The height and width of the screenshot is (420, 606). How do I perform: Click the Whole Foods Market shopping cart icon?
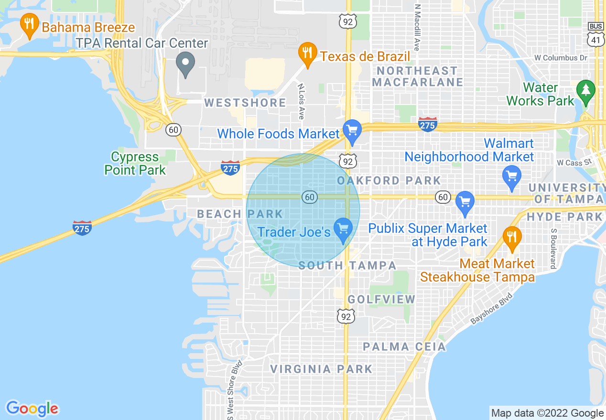click(352, 130)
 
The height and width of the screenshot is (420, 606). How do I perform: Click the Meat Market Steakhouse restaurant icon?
click(512, 237)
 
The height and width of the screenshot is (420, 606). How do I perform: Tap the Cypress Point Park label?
click(135, 163)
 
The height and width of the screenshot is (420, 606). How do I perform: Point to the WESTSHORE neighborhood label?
click(245, 103)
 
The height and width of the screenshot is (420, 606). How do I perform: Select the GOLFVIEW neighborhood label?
click(381, 299)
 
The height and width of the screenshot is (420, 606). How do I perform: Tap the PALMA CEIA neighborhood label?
click(404, 346)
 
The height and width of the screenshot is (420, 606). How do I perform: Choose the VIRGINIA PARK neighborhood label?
click(321, 369)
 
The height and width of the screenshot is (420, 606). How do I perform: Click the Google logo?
click(32, 409)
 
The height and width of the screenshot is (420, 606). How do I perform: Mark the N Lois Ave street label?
click(301, 102)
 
